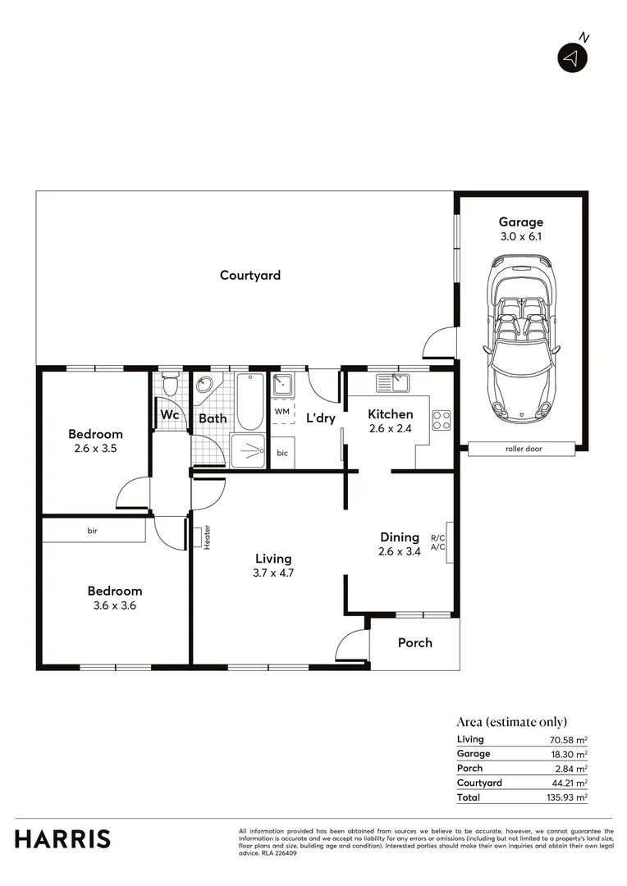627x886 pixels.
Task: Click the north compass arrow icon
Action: (573, 57)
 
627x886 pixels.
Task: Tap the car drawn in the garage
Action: (521, 336)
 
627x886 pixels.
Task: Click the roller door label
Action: (523, 449)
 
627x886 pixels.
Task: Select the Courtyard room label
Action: (250, 276)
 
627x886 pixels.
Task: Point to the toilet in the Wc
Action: (171, 384)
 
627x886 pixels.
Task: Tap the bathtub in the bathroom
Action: (250, 402)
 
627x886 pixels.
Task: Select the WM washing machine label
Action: (281, 411)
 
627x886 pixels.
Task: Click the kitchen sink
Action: (392, 382)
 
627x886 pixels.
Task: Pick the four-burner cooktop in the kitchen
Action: (442, 420)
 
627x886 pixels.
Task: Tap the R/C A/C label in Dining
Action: (437, 542)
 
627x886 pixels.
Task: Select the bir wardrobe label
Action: (93, 531)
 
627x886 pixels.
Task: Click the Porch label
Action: (414, 642)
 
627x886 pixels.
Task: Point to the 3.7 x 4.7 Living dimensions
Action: (274, 573)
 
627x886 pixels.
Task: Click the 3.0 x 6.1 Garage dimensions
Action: (521, 236)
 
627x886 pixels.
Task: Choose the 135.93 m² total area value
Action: (569, 797)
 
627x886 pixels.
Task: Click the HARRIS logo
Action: (63, 839)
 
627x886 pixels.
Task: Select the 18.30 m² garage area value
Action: (569, 753)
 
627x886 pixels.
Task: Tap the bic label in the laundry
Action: (282, 452)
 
